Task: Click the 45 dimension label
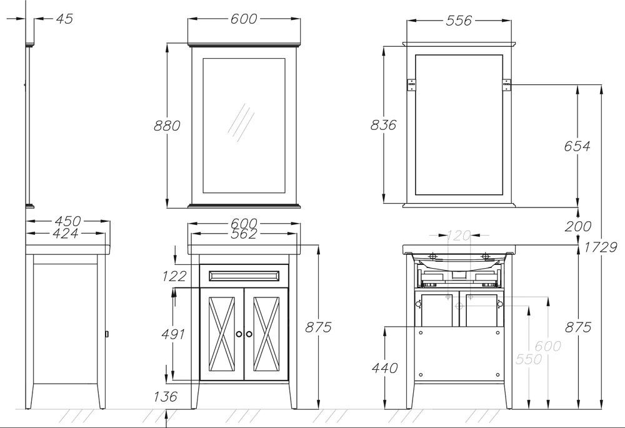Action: pyautogui.click(x=64, y=19)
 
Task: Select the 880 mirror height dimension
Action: pyautogui.click(x=167, y=126)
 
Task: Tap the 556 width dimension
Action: pyautogui.click(x=459, y=21)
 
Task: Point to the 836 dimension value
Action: pyautogui.click(x=384, y=125)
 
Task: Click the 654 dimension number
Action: pyautogui.click(x=577, y=146)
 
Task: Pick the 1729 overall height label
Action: pyautogui.click(x=601, y=247)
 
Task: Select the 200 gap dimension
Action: pyautogui.click(x=578, y=226)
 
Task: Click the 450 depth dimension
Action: pyautogui.click(x=67, y=221)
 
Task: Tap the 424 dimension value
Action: pyautogui.click(x=66, y=233)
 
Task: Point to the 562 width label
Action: pyautogui.click(x=244, y=234)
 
